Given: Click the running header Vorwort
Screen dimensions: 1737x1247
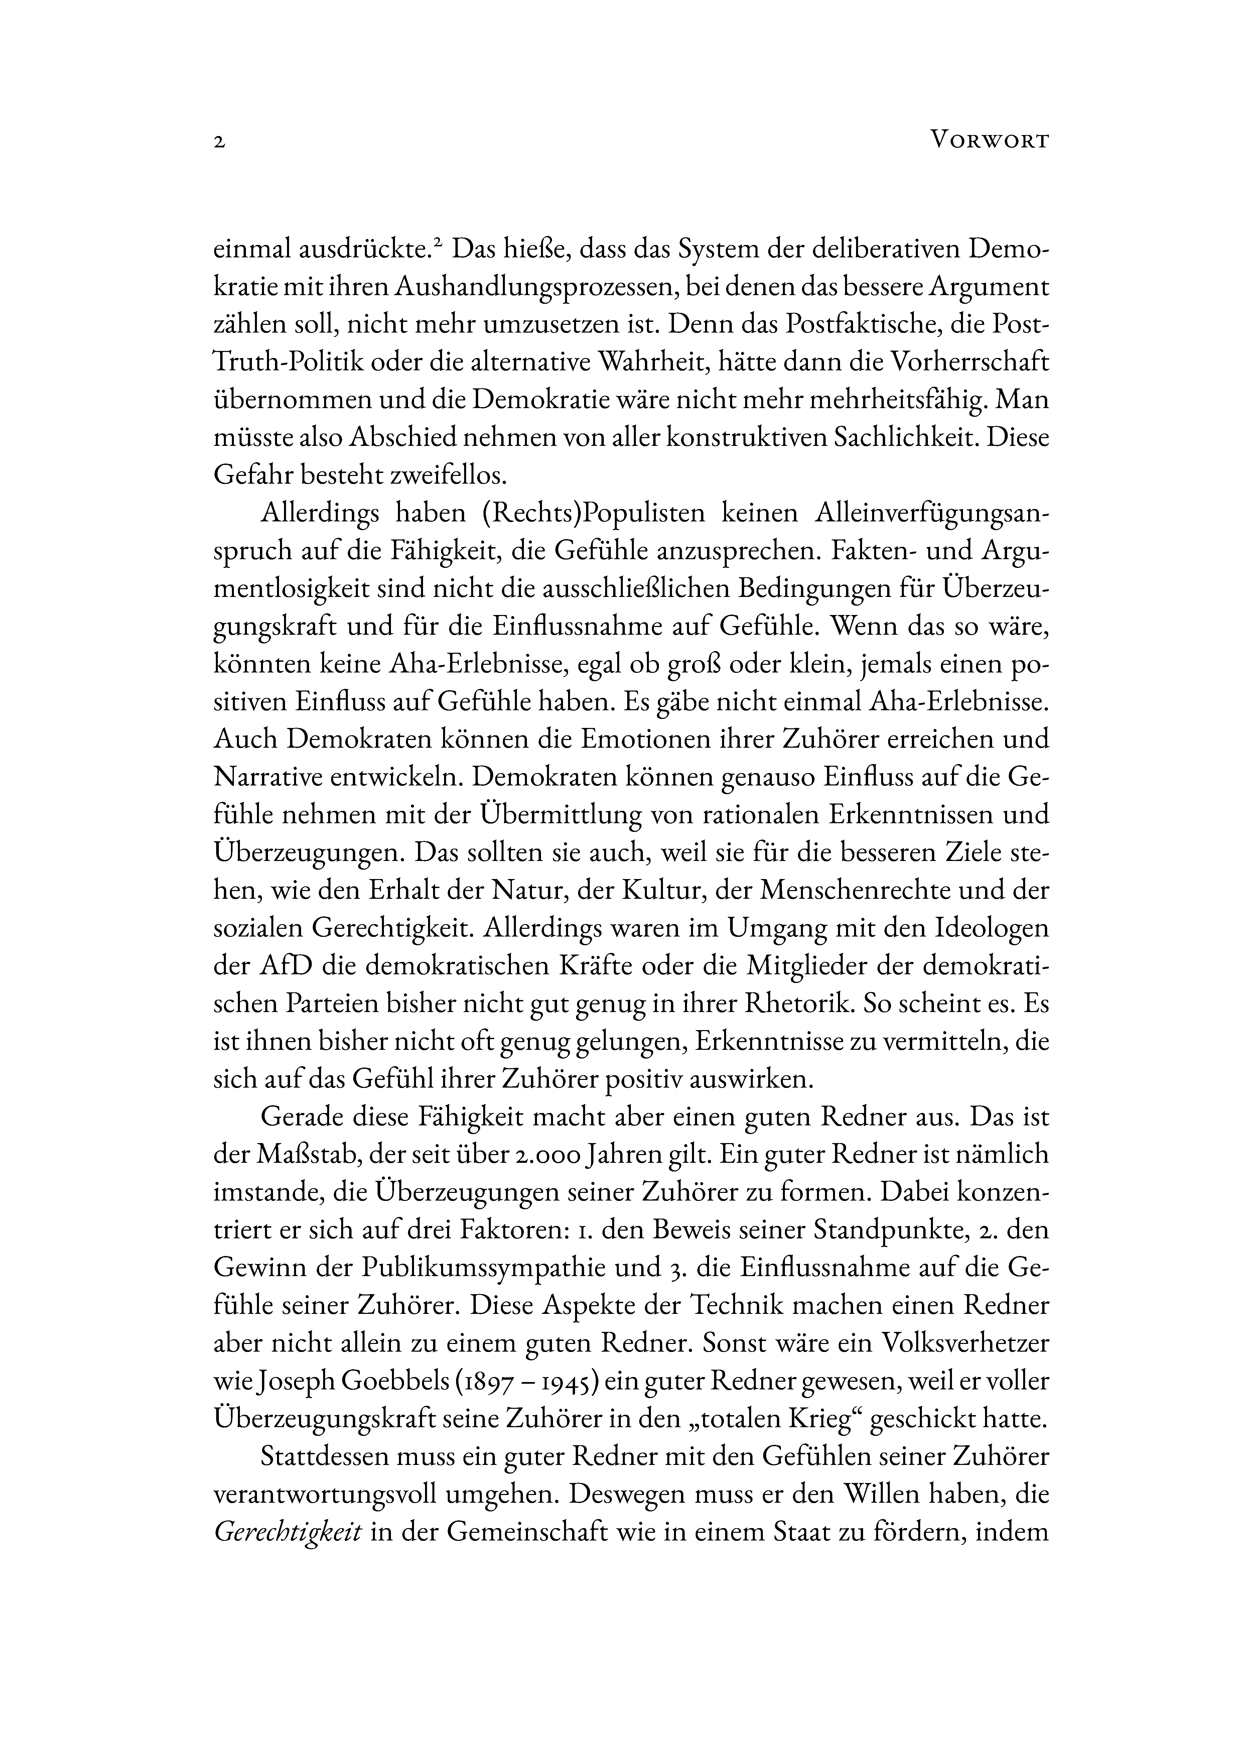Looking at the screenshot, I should [x=988, y=141].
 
